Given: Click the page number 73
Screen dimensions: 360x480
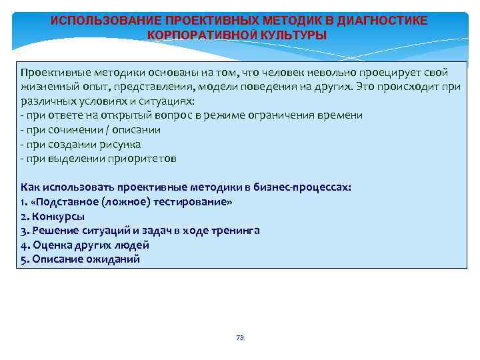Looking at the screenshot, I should click(240, 338).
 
